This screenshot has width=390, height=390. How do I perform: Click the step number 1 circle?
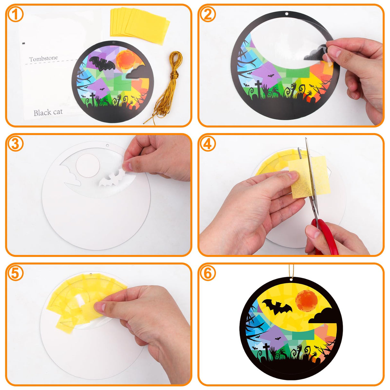(15, 15)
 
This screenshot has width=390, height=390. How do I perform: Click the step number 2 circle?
(208, 15)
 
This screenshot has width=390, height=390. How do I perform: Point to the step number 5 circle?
(15, 273)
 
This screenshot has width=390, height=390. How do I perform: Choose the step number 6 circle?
(208, 273)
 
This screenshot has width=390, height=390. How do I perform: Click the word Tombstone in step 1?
(43, 59)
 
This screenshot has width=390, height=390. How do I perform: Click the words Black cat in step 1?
(48, 112)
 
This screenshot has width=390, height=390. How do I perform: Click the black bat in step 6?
(277, 307)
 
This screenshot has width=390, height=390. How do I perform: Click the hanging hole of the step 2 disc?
(287, 14)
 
